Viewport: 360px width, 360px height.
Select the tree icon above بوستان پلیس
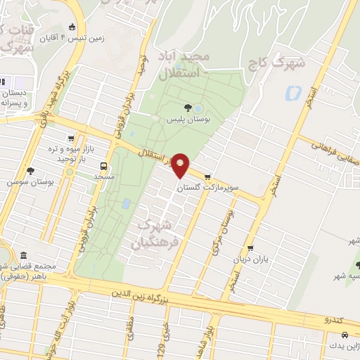coord(188,108)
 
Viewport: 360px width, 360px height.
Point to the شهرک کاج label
coord(277,63)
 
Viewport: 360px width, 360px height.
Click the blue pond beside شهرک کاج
coord(292,93)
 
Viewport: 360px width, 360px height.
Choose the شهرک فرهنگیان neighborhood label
coord(153,237)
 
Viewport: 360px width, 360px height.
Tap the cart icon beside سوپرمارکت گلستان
coord(207,176)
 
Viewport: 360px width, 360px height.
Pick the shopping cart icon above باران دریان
coord(250,248)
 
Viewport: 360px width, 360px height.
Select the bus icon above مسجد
coord(104,167)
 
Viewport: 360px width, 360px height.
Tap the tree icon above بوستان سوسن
coord(30,170)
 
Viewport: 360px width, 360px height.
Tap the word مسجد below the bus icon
coord(104,176)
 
